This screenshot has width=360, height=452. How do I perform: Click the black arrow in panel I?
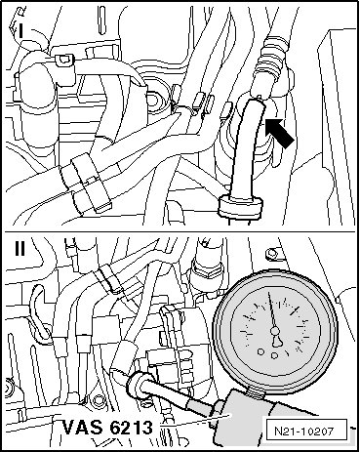tap(279, 133)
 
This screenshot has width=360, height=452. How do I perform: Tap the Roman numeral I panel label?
tap(20, 32)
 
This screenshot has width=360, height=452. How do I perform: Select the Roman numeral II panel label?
tap(20, 248)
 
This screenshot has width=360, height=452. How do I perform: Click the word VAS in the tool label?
tap(82, 427)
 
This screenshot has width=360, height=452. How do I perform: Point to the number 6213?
tap(131, 427)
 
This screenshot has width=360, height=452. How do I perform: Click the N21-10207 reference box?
tap(304, 431)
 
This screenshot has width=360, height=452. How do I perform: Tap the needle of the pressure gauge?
tap(272, 311)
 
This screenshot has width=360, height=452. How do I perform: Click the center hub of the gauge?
tap(275, 331)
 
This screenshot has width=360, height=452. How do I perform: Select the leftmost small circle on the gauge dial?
tap(260, 351)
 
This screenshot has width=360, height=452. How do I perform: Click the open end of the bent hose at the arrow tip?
tap(257, 103)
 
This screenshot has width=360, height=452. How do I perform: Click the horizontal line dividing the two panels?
tap(180, 231)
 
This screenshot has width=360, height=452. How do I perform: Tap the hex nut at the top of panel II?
tap(206, 267)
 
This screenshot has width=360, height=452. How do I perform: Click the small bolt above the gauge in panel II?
tap(269, 253)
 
